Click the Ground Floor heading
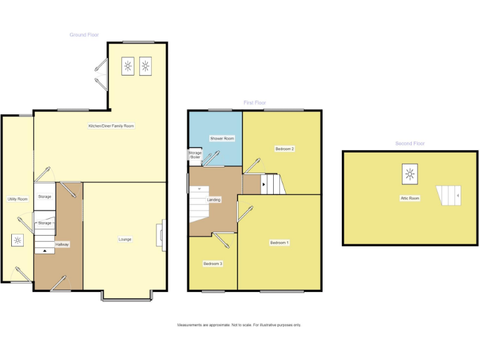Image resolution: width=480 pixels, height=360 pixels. (84, 35)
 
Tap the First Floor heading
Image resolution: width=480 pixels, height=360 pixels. (255, 102)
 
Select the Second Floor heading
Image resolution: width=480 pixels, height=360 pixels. (410, 143)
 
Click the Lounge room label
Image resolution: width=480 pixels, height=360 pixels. (126, 239)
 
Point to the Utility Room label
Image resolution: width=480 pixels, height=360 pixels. (17, 199)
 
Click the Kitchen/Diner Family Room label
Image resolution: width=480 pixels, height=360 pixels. (111, 126)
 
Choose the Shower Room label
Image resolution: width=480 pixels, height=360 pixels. (222, 138)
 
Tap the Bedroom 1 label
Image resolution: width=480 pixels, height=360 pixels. (279, 242)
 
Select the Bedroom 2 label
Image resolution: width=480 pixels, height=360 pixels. (285, 149)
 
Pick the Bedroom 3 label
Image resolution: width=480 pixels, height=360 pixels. (213, 264)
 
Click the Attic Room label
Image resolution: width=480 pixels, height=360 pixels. (410, 198)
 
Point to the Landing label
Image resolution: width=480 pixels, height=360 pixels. (214, 200)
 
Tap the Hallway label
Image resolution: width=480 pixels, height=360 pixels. (62, 244)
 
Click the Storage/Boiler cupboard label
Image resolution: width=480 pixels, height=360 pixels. (195, 155)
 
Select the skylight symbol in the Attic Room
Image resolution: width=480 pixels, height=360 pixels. (410, 174)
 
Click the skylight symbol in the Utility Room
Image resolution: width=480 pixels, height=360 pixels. (17, 240)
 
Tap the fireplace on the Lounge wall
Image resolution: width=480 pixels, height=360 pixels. (163, 234)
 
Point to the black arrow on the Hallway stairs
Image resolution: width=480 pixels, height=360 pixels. (44, 251)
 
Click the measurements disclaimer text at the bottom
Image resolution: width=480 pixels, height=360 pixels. (239, 325)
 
